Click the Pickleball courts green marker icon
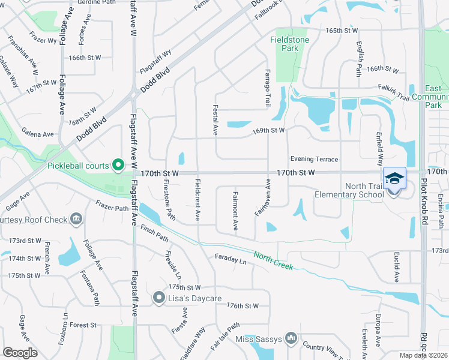118,164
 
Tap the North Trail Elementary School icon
394,178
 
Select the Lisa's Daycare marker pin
159,297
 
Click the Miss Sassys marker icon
291,339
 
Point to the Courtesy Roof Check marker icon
76,220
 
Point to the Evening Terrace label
314,159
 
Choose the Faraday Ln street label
231,260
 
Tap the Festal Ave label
215,119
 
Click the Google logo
20,352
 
